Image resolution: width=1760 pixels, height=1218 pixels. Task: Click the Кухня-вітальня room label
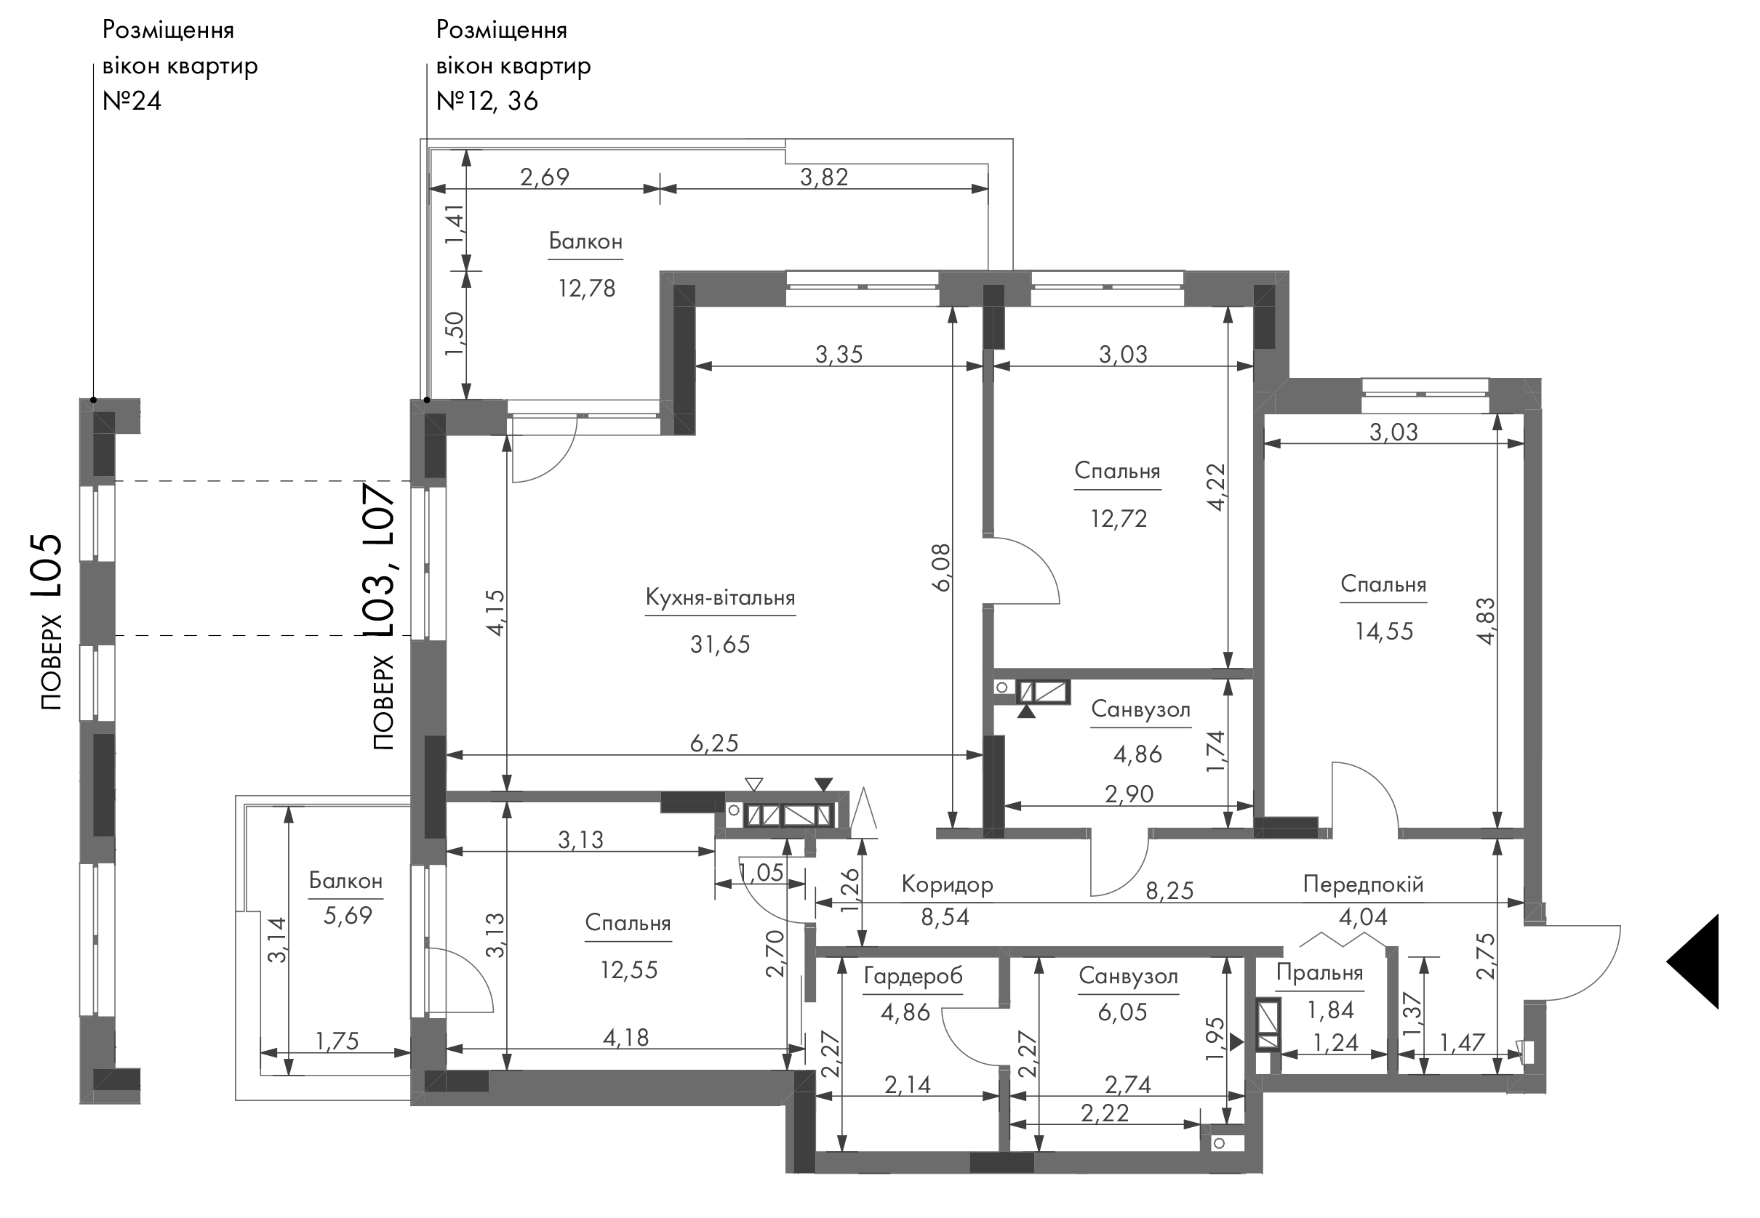click(720, 597)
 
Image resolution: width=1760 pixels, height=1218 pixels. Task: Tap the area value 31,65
click(720, 645)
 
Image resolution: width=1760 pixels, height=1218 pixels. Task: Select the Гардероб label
click(913, 976)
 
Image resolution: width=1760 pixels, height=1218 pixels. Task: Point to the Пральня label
click(1319, 973)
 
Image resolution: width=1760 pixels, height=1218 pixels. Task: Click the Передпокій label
click(1363, 884)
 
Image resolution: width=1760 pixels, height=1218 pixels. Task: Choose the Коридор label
click(947, 884)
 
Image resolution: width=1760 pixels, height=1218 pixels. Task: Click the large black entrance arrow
click(1693, 961)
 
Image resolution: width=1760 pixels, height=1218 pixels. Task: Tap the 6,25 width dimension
click(714, 743)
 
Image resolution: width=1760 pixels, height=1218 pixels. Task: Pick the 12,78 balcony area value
click(586, 289)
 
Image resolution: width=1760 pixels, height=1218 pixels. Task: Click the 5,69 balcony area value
click(348, 915)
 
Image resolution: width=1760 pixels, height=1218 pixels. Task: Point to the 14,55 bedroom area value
click(1383, 631)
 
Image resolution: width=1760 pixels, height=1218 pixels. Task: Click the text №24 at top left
click(132, 101)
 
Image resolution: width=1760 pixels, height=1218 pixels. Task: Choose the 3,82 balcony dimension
click(824, 177)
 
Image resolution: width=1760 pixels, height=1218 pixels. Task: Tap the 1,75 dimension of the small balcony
click(337, 1041)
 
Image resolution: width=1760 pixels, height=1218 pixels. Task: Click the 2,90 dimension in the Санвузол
click(1129, 794)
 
